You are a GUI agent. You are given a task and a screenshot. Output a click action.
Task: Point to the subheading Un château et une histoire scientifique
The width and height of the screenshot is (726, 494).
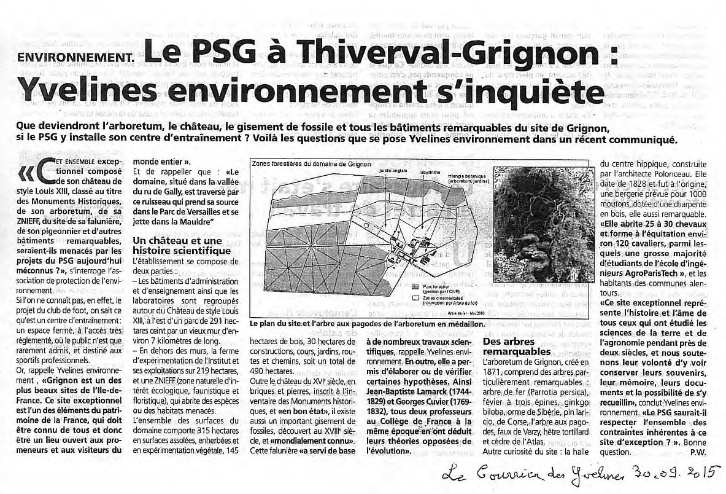(174, 246)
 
